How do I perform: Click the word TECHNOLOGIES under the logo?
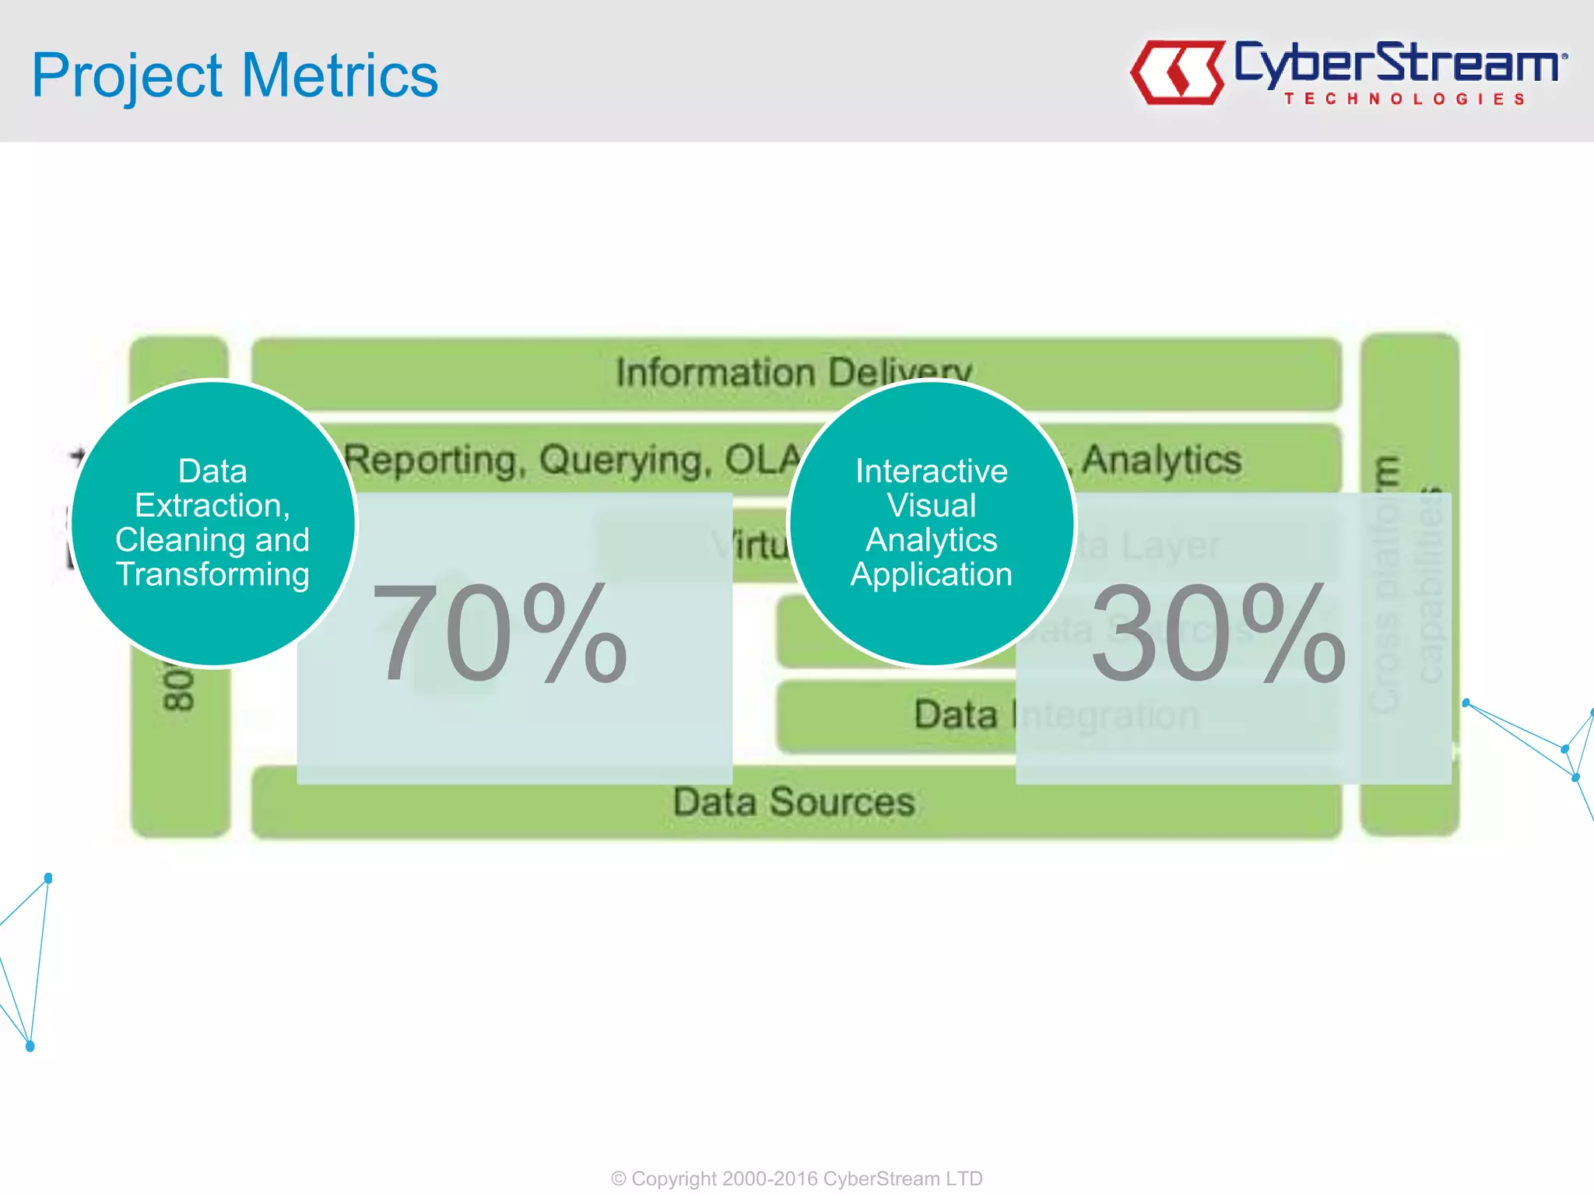click(1404, 99)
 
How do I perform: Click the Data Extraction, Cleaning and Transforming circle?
click(212, 523)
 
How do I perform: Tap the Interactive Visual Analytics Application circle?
click(932, 523)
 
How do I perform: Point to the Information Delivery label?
click(794, 373)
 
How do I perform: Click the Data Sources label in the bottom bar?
click(794, 802)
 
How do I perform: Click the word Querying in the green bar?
click(625, 461)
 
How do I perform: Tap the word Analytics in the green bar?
click(1161, 459)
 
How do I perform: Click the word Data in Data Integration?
click(955, 714)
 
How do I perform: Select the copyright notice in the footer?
click(796, 1179)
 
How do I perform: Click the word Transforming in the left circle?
click(212, 575)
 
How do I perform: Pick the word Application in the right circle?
click(932, 575)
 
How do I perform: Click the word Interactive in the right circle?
click(932, 471)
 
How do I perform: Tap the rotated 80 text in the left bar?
click(179, 688)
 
